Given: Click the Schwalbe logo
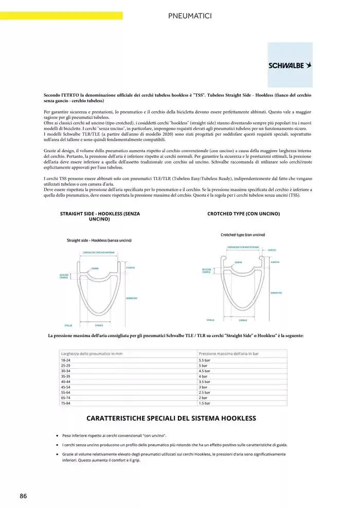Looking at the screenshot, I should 290,65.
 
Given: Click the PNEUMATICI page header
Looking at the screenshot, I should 190,16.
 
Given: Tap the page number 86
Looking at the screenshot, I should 23,496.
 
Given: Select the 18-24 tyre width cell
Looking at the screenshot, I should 66,360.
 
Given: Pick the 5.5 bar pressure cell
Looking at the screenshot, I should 205,360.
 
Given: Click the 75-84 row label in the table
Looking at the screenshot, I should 66,404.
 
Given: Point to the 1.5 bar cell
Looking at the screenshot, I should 205,404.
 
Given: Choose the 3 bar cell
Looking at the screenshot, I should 203,387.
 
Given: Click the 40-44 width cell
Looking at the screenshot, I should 66,382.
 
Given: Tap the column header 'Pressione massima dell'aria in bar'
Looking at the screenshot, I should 228,354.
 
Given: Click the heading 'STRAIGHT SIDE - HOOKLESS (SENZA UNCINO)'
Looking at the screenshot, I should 100,216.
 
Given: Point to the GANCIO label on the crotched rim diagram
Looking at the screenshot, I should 272,250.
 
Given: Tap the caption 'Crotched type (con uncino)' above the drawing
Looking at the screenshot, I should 243,234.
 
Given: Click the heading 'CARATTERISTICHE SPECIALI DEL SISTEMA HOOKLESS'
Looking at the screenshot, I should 171,419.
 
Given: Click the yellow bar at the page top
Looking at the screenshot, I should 61,16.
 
